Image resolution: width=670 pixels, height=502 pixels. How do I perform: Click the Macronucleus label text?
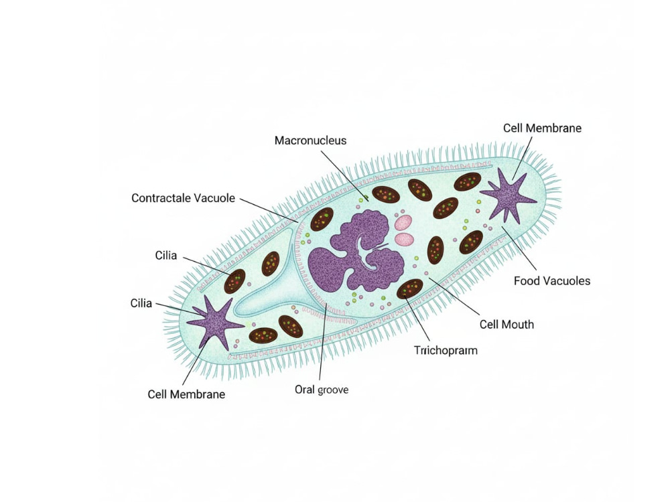(x=310, y=141)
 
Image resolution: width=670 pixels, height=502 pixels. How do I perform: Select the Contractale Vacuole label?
(x=183, y=198)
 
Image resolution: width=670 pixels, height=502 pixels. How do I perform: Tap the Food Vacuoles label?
(x=551, y=281)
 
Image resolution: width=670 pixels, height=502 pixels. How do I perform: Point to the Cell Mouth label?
(x=507, y=325)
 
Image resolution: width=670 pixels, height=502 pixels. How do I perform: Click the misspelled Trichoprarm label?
(x=446, y=351)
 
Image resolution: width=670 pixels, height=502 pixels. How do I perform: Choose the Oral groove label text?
(x=322, y=390)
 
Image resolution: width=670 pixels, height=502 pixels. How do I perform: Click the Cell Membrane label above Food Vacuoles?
(x=542, y=128)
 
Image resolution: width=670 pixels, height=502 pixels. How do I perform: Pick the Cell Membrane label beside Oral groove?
(x=186, y=394)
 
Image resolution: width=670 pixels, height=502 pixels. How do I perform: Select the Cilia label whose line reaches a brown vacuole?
(x=165, y=255)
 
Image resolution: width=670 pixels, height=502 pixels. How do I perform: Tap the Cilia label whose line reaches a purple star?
(x=141, y=303)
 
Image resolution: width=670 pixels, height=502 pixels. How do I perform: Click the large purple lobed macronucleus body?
(x=356, y=252)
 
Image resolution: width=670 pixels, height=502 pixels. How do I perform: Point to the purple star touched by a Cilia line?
(x=214, y=322)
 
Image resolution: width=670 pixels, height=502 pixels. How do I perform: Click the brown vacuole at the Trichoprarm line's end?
(x=410, y=288)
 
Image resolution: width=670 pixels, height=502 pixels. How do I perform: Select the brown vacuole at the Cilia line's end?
(x=234, y=281)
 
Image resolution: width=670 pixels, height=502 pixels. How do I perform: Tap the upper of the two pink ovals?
(x=403, y=223)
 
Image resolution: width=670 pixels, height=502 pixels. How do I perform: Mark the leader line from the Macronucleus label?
(x=344, y=175)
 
